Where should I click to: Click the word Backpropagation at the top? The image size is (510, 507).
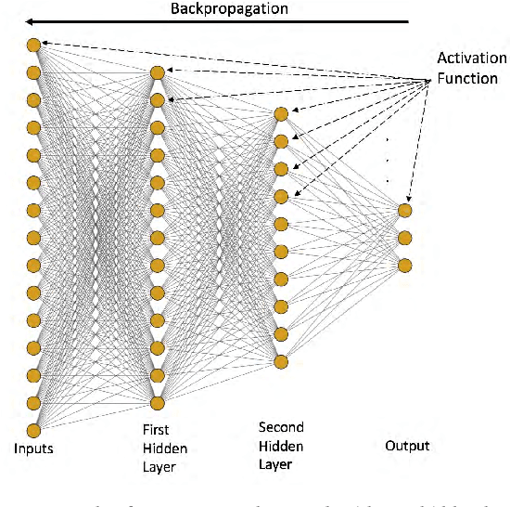(229, 9)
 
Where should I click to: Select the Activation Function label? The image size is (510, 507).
(472, 69)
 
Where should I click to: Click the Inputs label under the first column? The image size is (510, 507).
(33, 448)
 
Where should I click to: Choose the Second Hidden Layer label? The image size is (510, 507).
(281, 444)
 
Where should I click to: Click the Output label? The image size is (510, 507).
(407, 446)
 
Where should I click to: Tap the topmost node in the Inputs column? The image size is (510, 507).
(34, 45)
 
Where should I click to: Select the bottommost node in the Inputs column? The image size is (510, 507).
(34, 430)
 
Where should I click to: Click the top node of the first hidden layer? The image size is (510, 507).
(158, 71)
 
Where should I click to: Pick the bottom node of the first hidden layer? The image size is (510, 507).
(158, 402)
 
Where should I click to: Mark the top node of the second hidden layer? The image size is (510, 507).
(281, 113)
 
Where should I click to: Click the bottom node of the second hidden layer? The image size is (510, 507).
(281, 361)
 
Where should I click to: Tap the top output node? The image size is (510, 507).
(404, 210)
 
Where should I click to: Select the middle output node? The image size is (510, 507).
(404, 238)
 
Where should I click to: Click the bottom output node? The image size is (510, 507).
(404, 266)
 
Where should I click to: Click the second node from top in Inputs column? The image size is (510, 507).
(34, 72)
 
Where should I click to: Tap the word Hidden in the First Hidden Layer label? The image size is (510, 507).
(162, 448)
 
